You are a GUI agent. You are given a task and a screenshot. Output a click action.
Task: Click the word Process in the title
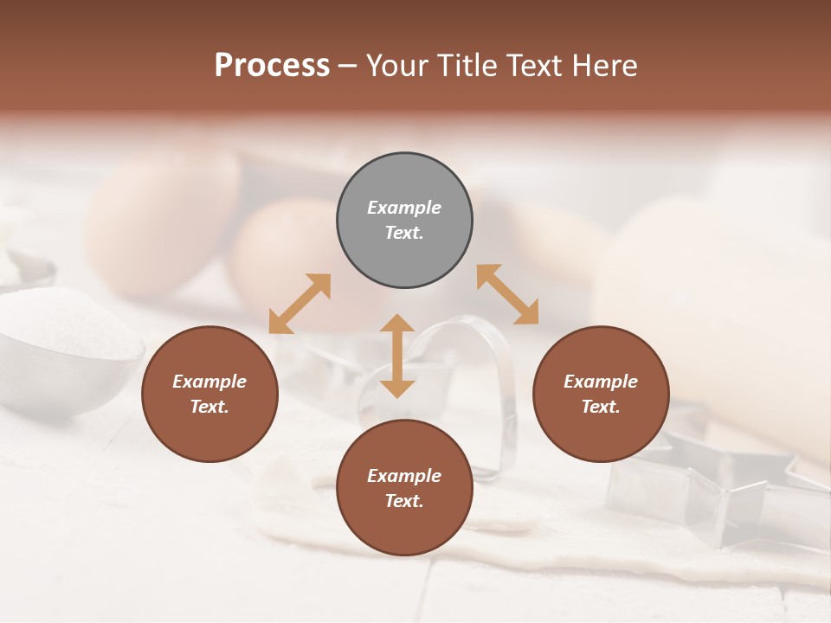[x=272, y=66]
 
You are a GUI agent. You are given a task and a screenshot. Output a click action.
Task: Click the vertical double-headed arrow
[x=397, y=356]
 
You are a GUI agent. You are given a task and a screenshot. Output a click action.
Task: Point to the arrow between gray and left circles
[x=300, y=304]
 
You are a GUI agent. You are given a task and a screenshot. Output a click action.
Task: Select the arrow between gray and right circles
[x=508, y=294]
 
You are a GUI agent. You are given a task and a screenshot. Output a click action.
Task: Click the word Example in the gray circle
[x=404, y=208]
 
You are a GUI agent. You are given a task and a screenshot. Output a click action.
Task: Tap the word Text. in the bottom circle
[x=404, y=501]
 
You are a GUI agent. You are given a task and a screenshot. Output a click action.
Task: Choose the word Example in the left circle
[x=209, y=382]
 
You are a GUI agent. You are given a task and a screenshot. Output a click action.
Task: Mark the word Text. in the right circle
[x=601, y=407]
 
